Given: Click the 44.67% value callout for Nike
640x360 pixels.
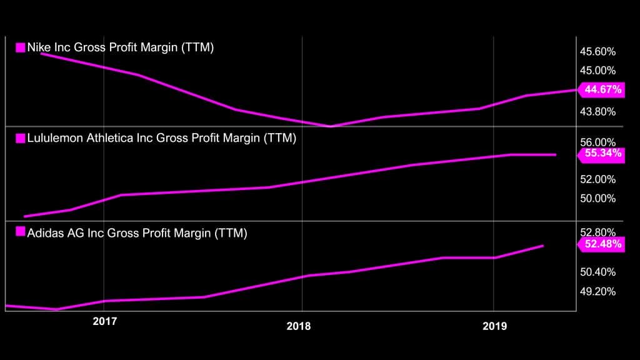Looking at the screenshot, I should pyautogui.click(x=602, y=90).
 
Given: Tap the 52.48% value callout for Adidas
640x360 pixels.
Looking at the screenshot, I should pyautogui.click(x=602, y=244).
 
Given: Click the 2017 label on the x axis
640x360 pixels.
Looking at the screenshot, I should pyautogui.click(x=105, y=322).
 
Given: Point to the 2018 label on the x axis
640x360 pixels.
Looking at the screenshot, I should pyautogui.click(x=299, y=326).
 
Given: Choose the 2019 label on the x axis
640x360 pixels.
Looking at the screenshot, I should pyautogui.click(x=495, y=326).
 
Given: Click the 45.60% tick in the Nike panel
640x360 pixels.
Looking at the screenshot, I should pyautogui.click(x=598, y=51).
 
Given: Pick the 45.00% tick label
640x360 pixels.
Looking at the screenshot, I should pyautogui.click(x=598, y=71).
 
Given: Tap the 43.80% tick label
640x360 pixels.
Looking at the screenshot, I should pyautogui.click(x=598, y=112).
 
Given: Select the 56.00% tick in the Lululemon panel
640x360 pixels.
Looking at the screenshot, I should pyautogui.click(x=598, y=143).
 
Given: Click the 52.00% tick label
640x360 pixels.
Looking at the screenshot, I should pyautogui.click(x=598, y=179).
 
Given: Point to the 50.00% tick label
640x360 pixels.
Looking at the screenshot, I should pyautogui.click(x=598, y=199).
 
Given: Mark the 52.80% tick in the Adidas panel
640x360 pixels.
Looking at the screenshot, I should pyautogui.click(x=598, y=233).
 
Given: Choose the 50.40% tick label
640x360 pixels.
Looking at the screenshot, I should pyautogui.click(x=598, y=272).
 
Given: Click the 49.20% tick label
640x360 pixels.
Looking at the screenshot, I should pyautogui.click(x=598, y=291).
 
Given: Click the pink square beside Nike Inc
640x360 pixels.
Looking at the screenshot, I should pyautogui.click(x=20, y=47).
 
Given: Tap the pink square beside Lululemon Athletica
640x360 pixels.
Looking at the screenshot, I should pyautogui.click(x=20, y=138).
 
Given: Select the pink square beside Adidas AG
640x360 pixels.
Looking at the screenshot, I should pyautogui.click(x=20, y=234).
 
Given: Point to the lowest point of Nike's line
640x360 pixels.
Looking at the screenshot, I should pyautogui.click(x=331, y=126).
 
